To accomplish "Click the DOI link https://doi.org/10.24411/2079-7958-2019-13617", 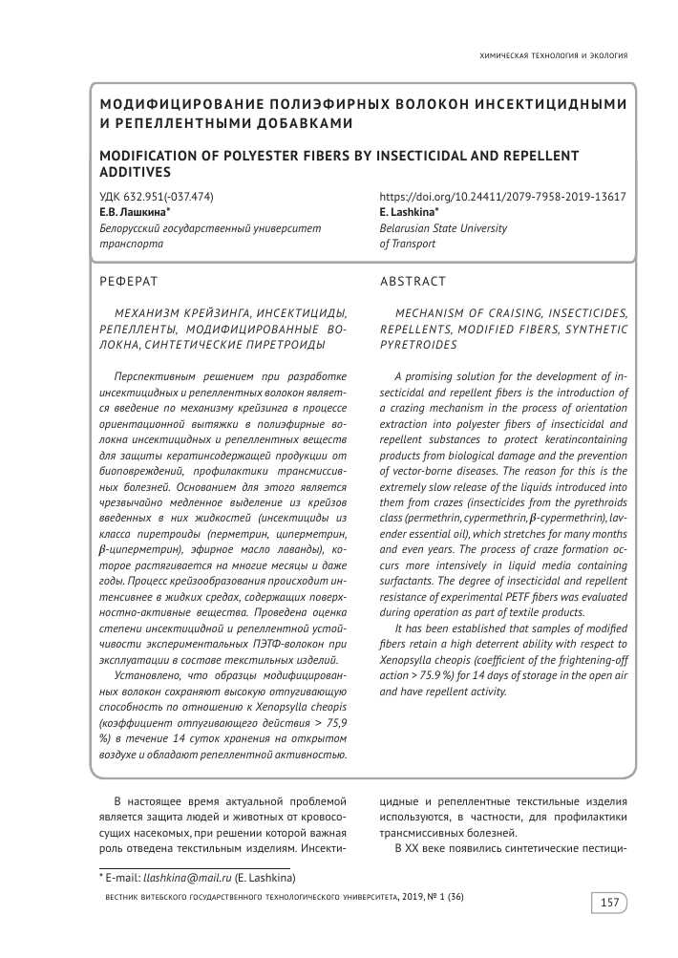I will [502, 196].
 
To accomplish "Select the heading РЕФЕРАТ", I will [128, 281].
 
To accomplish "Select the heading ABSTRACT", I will [413, 281].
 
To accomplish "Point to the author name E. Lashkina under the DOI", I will [408, 212].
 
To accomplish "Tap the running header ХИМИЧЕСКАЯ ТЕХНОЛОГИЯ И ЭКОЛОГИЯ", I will [553, 55].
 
